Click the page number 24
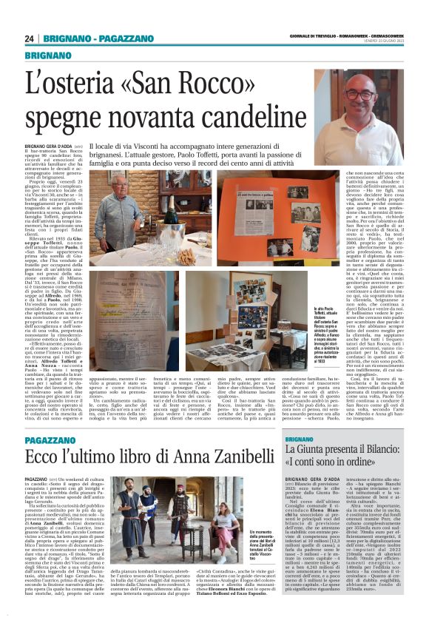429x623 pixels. pyautogui.click(x=30, y=38)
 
